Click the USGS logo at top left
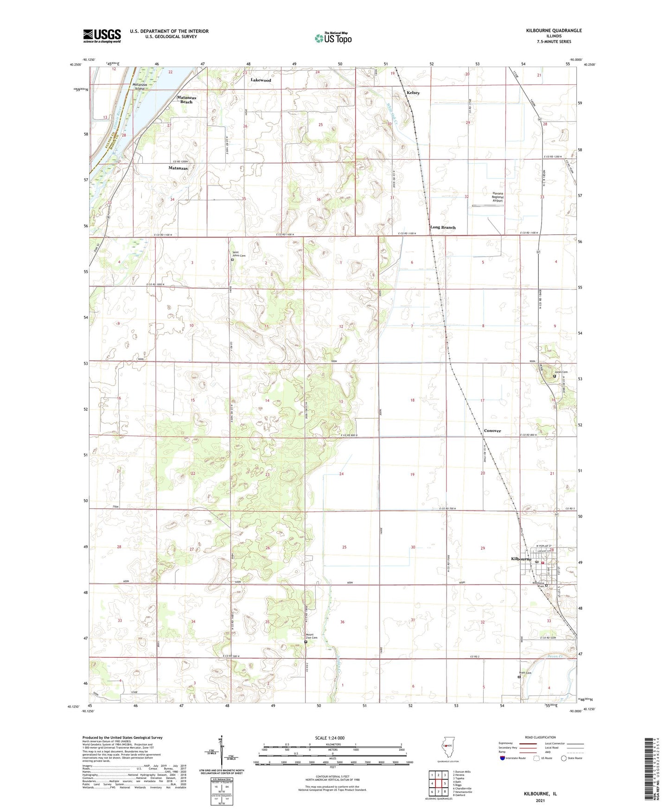[x=102, y=36]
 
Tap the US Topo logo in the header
[x=332, y=38]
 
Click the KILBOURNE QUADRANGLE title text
[x=554, y=31]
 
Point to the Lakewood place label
[x=261, y=80]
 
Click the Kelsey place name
[x=413, y=93]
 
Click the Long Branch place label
[x=443, y=227]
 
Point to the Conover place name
[x=492, y=431]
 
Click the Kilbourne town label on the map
[x=518, y=559]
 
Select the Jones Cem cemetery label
[x=561, y=372]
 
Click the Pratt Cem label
[x=525, y=673]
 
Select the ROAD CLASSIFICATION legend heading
[x=540, y=737]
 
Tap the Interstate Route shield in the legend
[x=503, y=758]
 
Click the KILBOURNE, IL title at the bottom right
[x=540, y=794]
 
